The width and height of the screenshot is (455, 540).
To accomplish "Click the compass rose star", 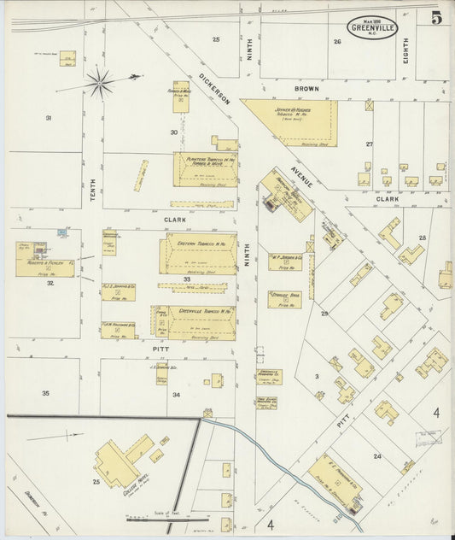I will point(101,83).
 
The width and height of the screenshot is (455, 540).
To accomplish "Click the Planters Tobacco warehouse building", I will point(205,168).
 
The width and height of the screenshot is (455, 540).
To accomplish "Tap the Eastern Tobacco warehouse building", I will point(197,255).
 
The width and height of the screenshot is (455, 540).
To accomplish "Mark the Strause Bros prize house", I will point(284,298).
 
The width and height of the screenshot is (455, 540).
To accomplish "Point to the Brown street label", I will point(306,88).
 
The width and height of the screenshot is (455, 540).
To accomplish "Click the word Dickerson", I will point(215,88).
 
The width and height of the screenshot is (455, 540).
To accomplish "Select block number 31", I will point(49,117).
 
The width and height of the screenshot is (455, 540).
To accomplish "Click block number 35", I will point(45,393).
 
